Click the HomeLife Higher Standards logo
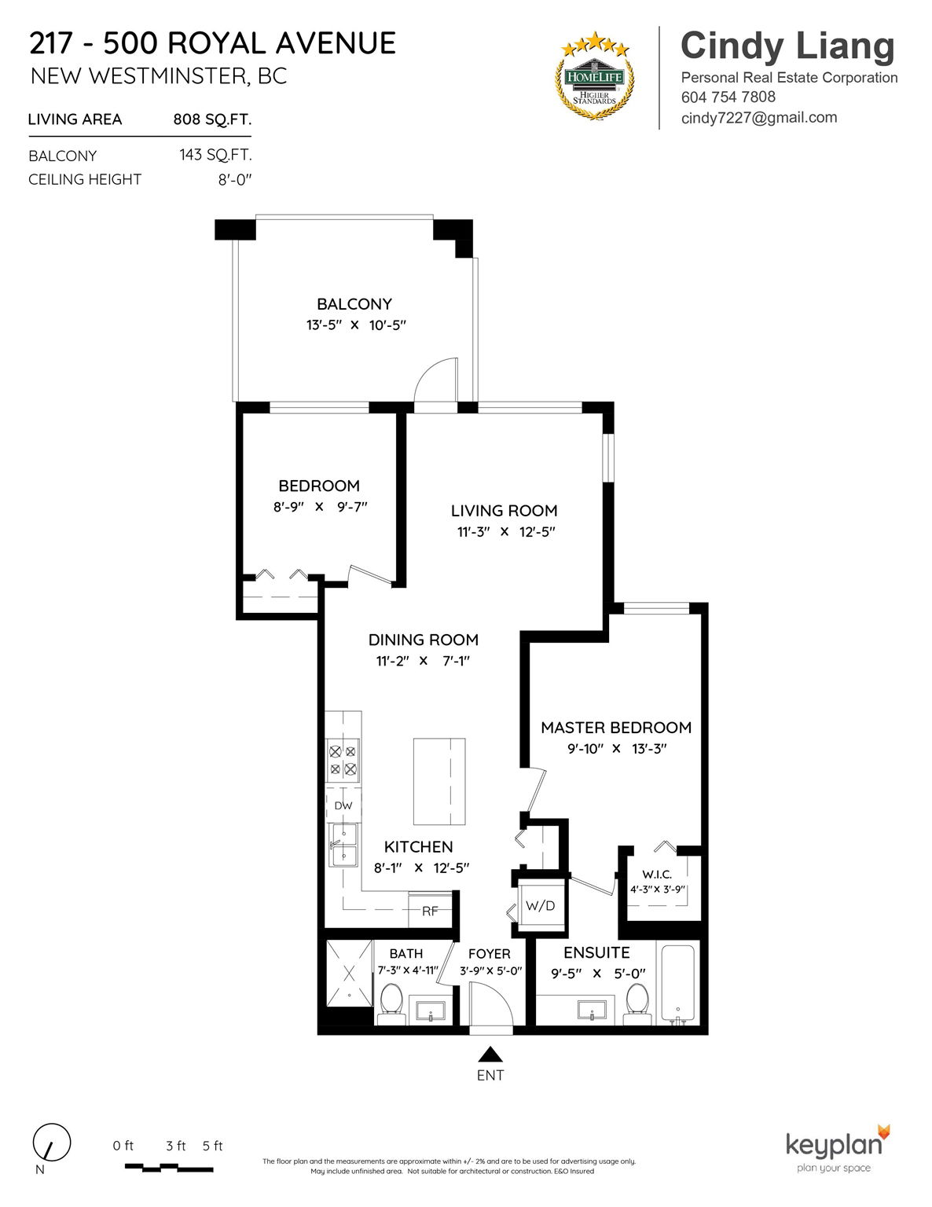point(595,77)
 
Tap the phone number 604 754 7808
point(728,97)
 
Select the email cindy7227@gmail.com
point(758,118)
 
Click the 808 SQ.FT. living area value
point(212,119)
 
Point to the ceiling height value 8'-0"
point(235,179)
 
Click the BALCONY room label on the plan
point(354,304)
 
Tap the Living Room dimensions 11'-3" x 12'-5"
point(506,531)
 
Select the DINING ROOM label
point(424,640)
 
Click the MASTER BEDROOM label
point(616,727)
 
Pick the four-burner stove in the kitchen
point(343,761)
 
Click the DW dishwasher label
point(343,805)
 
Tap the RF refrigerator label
point(430,911)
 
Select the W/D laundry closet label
point(541,905)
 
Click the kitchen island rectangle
point(438,781)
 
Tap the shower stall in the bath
point(350,973)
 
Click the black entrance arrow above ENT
point(490,1054)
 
